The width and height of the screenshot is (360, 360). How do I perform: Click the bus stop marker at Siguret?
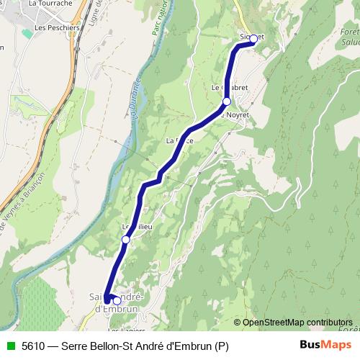(x=253, y=40)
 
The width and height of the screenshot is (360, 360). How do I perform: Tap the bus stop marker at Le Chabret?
(x=227, y=102)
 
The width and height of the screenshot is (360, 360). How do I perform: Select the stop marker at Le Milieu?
(x=125, y=239)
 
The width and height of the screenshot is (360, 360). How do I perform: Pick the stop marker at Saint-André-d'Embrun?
(x=117, y=300)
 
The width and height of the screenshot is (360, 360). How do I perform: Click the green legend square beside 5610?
(x=9, y=346)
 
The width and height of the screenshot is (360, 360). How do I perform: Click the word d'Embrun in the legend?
(x=192, y=346)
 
